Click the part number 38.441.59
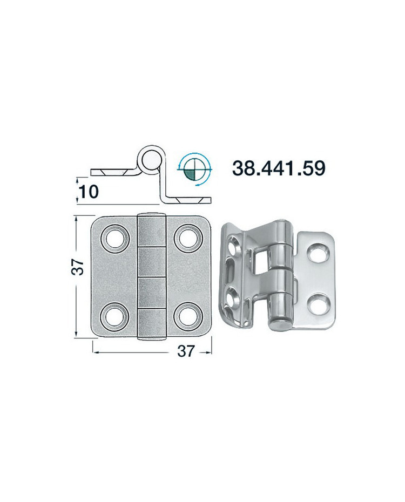pos(279,168)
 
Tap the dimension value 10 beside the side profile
pos(89,192)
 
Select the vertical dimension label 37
pos(77,267)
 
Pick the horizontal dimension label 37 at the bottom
pos(186,351)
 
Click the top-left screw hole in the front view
pos(115,239)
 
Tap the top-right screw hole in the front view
pos(188,238)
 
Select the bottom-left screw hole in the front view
pos(115,316)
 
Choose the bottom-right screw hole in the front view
pos(188,316)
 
